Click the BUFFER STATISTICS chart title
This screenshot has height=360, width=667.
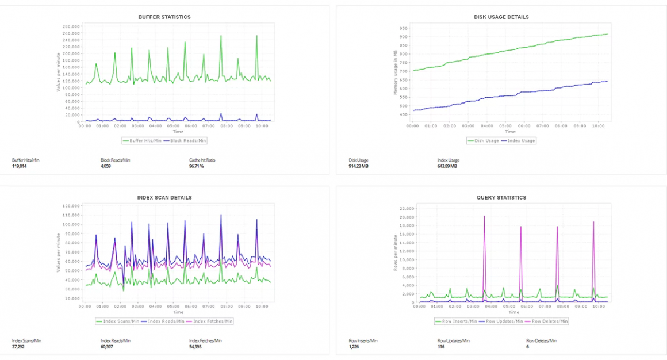(164, 17)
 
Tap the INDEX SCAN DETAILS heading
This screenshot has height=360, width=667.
(164, 197)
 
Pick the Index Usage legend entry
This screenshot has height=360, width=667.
(520, 140)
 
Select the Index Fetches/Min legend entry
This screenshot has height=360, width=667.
(213, 321)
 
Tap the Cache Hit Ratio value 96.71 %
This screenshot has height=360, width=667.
(198, 166)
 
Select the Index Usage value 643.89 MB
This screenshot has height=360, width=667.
(447, 166)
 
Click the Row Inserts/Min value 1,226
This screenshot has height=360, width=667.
(355, 347)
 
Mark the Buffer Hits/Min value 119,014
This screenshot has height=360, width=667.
(20, 166)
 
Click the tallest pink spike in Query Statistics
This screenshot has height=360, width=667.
(484, 217)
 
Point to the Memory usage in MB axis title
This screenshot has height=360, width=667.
(395, 72)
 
